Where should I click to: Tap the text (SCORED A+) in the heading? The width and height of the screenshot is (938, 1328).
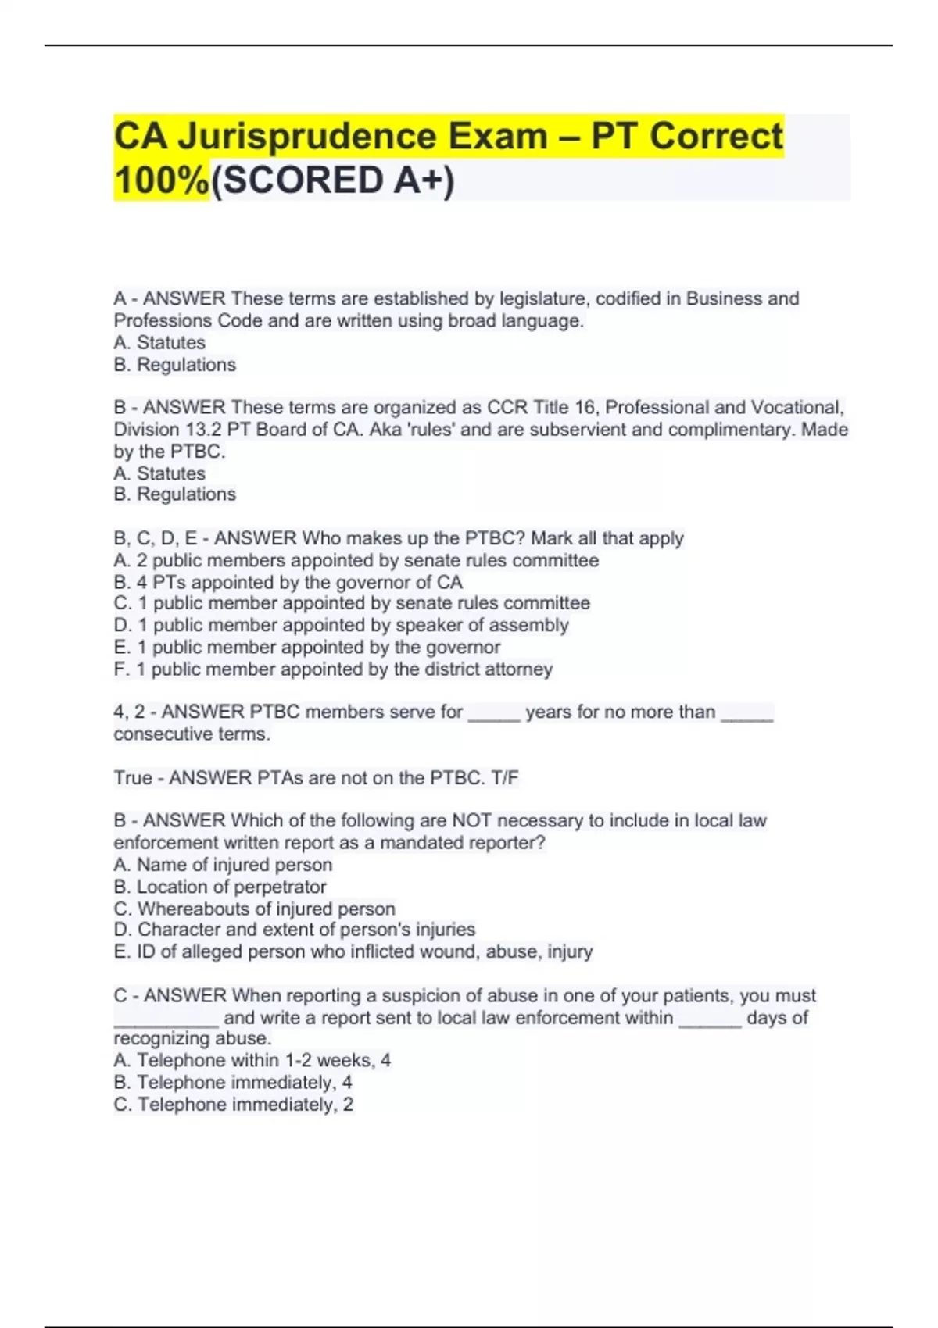332,180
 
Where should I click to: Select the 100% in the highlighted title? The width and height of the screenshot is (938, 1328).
162,180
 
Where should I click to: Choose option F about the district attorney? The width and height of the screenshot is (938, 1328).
333,669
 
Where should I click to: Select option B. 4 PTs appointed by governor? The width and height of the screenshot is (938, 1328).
288,582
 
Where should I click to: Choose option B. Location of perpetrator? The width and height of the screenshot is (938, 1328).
220,887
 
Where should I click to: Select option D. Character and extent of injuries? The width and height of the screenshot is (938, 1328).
294,930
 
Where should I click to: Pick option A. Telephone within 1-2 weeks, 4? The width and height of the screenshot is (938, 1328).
252,1060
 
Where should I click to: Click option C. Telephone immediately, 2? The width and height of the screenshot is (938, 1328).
233,1105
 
